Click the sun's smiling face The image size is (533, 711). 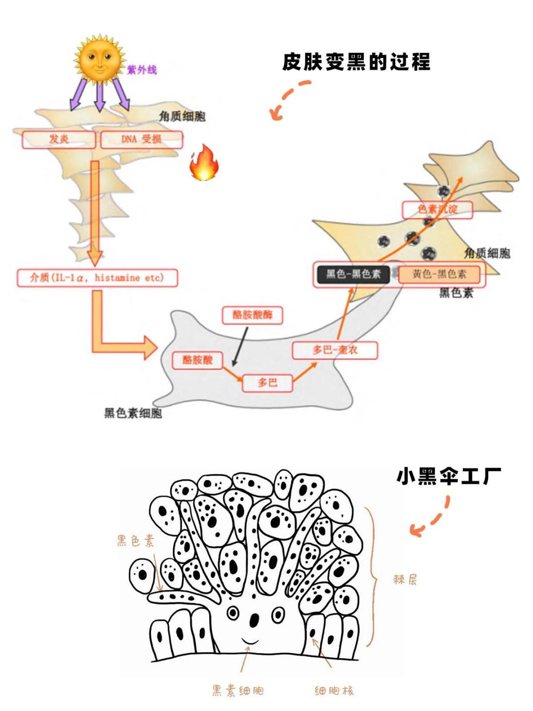100,60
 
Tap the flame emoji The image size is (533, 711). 204,163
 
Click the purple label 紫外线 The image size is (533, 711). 142,70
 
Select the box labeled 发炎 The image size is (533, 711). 59,139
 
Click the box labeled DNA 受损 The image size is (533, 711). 142,139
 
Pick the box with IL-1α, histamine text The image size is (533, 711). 97,277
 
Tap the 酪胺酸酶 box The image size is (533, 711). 252,315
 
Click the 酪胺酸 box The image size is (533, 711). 197,359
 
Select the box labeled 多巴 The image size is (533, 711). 267,382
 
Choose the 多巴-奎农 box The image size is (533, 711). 335,350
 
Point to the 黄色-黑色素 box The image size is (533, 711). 439,274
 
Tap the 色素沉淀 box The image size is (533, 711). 437,209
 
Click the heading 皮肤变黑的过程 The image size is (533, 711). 356,62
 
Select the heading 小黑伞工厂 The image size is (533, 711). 448,476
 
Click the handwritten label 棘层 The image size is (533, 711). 405,579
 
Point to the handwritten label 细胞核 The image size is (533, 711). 334,690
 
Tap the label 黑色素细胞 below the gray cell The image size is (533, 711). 133,413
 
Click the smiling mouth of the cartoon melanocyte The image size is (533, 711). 250,641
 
